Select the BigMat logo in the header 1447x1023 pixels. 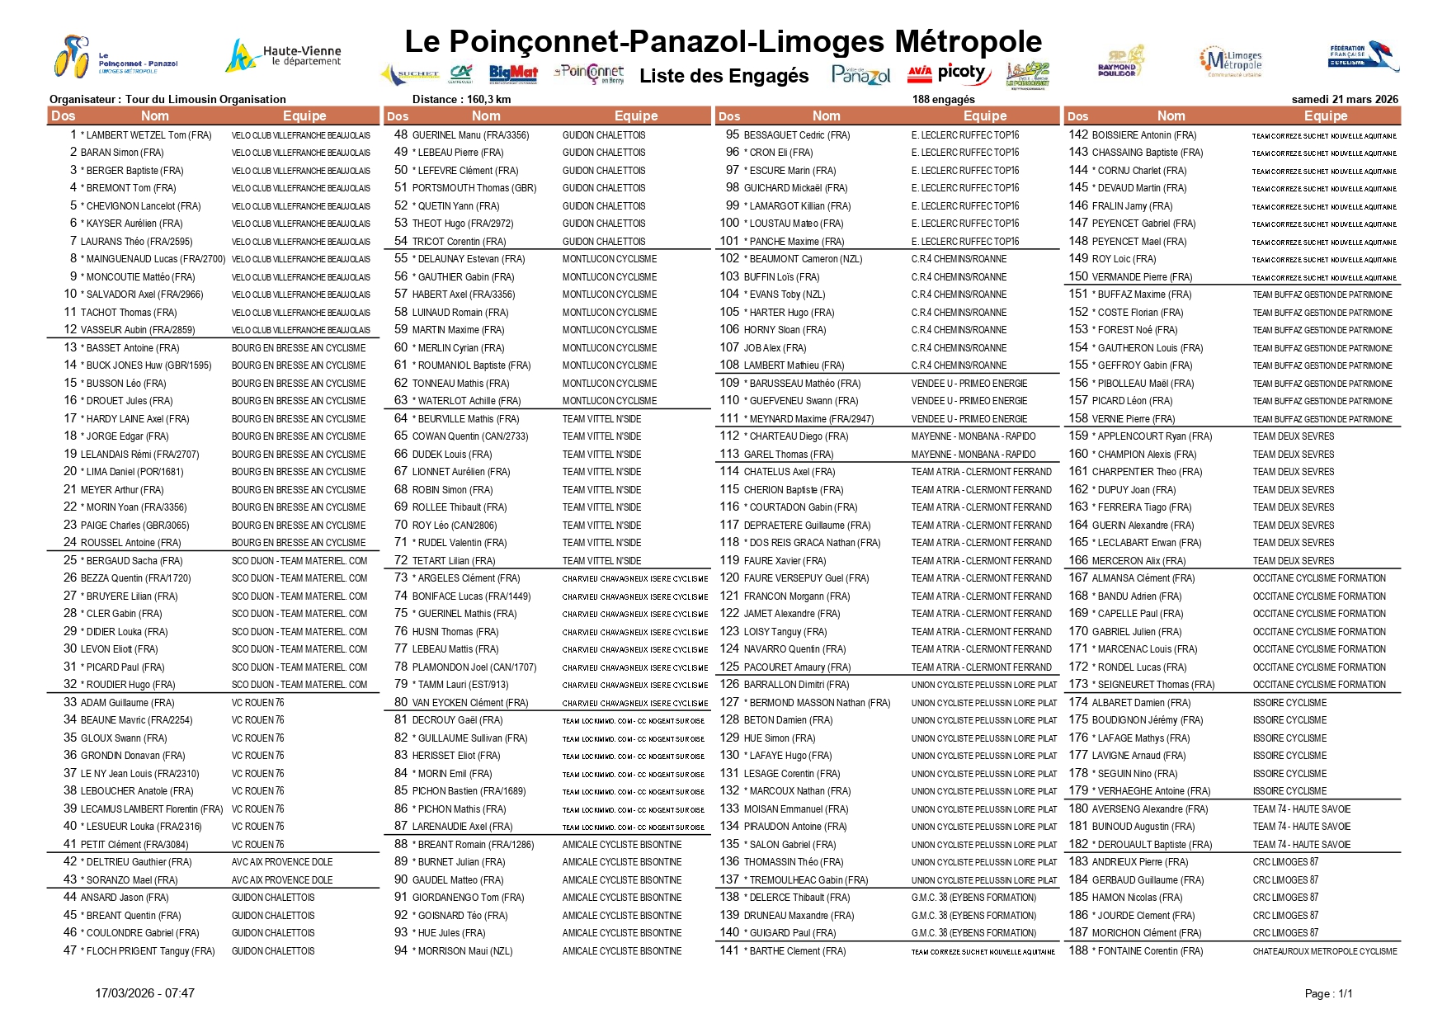pos(513,74)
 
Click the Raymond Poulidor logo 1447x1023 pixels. pos(1121,61)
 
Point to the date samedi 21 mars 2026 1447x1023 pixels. pos(1345,99)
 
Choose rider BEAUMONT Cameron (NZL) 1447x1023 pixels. pos(805,259)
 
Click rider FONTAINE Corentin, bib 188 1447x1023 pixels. pos(1150,951)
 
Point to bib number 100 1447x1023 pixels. pos(729,223)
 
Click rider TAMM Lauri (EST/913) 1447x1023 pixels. pos(463,685)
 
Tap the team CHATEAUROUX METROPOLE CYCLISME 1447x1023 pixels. pos(1325,951)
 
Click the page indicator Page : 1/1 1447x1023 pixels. pos(1328,993)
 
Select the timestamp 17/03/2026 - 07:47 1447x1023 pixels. pos(144,993)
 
